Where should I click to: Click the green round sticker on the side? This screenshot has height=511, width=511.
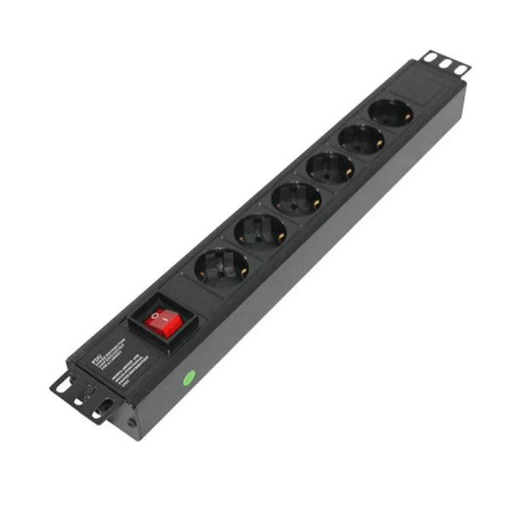[x=189, y=376]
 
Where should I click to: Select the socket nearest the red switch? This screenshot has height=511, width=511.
[x=221, y=267]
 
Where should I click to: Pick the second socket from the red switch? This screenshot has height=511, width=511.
[x=260, y=232]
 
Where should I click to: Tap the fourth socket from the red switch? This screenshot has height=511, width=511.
[x=330, y=168]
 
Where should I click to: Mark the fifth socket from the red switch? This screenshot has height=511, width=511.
[x=362, y=139]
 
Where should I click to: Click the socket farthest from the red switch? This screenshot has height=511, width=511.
[x=392, y=112]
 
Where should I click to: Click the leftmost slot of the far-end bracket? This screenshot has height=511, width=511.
[x=431, y=58]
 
